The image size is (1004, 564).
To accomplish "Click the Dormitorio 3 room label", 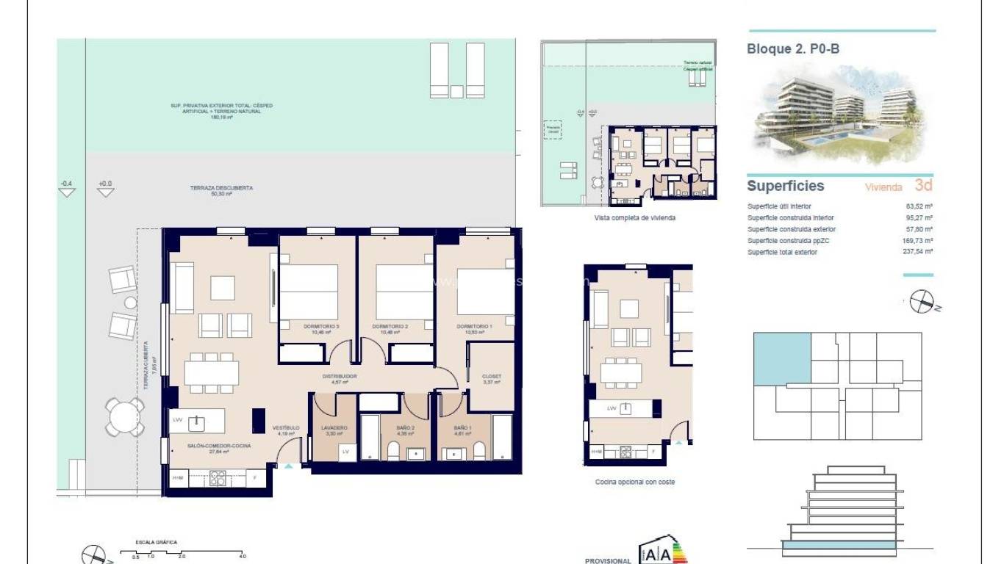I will pyautogui.click(x=321, y=326).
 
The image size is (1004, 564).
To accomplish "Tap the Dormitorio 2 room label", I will pyautogui.click(x=390, y=326).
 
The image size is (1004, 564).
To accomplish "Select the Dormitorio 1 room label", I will pyautogui.click(x=474, y=326).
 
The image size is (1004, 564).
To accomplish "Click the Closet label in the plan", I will pyautogui.click(x=492, y=377).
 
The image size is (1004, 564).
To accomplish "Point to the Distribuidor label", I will pyautogui.click(x=340, y=377).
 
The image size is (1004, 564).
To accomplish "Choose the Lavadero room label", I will pyautogui.click(x=333, y=427).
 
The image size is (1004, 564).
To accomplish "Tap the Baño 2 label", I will pyautogui.click(x=406, y=427).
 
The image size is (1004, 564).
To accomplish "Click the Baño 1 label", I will pyautogui.click(x=462, y=427).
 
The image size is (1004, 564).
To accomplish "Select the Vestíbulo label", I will pyautogui.click(x=285, y=427).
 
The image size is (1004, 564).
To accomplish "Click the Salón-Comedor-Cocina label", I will pyautogui.click(x=209, y=446).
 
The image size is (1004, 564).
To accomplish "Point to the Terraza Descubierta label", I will pyautogui.click(x=221, y=189).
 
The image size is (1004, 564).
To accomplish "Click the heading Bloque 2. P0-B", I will pyautogui.click(x=793, y=49).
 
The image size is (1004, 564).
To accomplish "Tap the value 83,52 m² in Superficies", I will pyautogui.click(x=919, y=207).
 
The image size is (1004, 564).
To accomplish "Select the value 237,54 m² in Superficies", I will pyautogui.click(x=919, y=252).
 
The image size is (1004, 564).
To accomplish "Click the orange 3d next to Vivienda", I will pyautogui.click(x=923, y=186).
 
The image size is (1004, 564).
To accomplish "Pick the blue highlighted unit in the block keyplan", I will pyautogui.click(x=782, y=358).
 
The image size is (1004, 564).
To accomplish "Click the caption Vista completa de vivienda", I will pyautogui.click(x=634, y=218).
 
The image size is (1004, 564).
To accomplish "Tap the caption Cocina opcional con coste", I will pyautogui.click(x=634, y=482).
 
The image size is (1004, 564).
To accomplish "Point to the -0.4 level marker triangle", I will pyautogui.click(x=67, y=192).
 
